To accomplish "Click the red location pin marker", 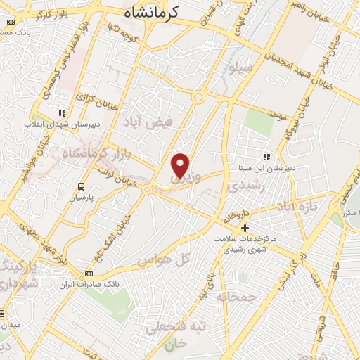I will [x=181, y=165].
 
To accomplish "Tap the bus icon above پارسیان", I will [x=81, y=187].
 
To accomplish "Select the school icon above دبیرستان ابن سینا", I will [x=266, y=157].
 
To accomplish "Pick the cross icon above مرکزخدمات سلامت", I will [x=245, y=228].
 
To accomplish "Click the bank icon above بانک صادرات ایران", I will [x=89, y=274].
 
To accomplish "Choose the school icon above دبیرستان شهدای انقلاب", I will [x=63, y=112].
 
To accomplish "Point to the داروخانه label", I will [x=237, y=216].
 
